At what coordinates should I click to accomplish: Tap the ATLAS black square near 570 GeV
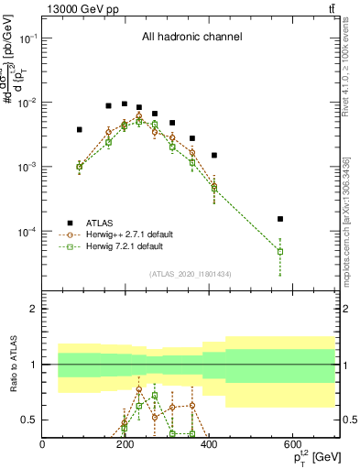click(280, 219)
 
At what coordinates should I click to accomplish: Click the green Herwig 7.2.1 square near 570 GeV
click(280, 251)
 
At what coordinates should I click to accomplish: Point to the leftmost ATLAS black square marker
click(80, 130)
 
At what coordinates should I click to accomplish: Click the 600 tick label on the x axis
click(292, 444)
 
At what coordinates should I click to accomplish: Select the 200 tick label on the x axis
click(125, 444)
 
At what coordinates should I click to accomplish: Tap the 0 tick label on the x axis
click(43, 444)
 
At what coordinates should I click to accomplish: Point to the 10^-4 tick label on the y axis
click(27, 232)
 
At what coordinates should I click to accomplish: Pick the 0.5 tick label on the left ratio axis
click(28, 420)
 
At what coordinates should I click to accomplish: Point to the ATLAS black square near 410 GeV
click(213, 156)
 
